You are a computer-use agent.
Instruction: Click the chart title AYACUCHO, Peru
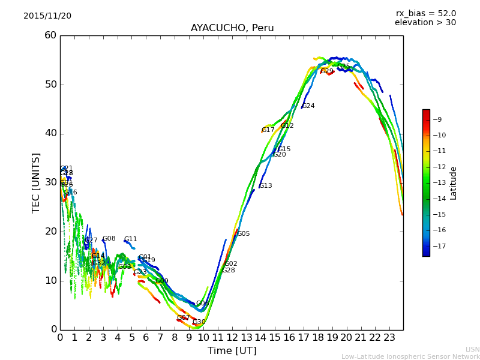click(x=232, y=28)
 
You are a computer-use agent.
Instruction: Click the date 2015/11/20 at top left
click(x=47, y=16)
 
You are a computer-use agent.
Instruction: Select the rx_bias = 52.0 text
click(x=425, y=14)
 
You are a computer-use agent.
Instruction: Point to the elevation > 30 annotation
click(x=425, y=23)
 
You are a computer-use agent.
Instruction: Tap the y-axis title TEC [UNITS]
click(x=37, y=182)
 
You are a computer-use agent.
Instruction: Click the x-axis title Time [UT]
click(x=232, y=350)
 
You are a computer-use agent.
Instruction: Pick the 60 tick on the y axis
click(x=50, y=35)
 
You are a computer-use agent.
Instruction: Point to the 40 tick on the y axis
click(x=50, y=133)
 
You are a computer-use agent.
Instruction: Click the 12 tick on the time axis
click(x=232, y=337)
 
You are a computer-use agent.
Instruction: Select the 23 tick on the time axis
click(x=389, y=337)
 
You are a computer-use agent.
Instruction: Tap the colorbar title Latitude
click(x=454, y=183)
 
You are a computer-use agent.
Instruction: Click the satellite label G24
click(x=308, y=106)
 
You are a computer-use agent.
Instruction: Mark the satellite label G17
click(x=268, y=130)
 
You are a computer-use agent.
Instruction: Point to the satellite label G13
click(x=265, y=186)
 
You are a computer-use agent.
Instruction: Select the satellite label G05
click(x=243, y=234)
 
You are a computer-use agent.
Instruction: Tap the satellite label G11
click(x=130, y=239)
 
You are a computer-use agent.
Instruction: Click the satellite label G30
click(x=199, y=322)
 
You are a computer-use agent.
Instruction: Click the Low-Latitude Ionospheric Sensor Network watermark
click(x=410, y=356)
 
